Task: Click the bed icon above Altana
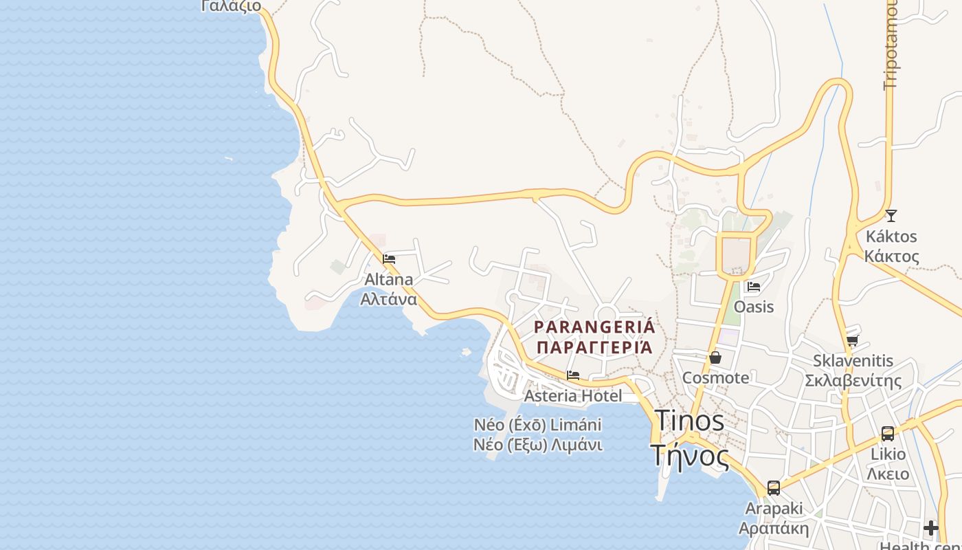coord(389,259)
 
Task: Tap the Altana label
coord(388,279)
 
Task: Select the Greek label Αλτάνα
coord(388,299)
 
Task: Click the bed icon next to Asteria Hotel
coord(573,375)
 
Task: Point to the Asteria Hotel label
coord(573,395)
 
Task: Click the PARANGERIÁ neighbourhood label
coord(594,327)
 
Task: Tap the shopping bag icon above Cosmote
coord(715,357)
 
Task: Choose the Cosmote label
coord(715,377)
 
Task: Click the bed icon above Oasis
coord(754,287)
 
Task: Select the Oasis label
coord(754,307)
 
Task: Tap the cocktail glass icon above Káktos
coord(891,216)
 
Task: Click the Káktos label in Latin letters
coord(891,236)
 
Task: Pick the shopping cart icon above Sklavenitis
coord(853,340)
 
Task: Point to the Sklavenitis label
coord(853,360)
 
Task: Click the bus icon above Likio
coord(888,434)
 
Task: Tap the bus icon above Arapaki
coord(774,488)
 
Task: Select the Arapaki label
coord(774,508)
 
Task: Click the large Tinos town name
coord(689,421)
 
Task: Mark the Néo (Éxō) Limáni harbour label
coord(537,424)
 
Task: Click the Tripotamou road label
coord(891,45)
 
